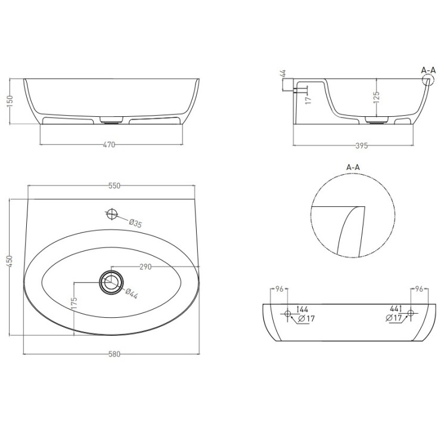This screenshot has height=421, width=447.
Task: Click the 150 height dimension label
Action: [10, 101]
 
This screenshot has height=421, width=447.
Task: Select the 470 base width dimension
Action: [109, 145]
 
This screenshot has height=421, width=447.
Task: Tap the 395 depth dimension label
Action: [362, 146]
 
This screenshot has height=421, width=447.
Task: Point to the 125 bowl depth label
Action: [376, 97]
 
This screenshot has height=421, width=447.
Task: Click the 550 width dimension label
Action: [114, 185]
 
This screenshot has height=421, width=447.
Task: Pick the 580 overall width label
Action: [114, 354]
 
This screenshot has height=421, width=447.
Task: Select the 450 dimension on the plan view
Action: [10, 261]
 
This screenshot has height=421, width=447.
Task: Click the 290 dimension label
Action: [145, 267]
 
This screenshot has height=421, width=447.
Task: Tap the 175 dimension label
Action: [74, 303]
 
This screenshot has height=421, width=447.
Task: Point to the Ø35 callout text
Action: [135, 223]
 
